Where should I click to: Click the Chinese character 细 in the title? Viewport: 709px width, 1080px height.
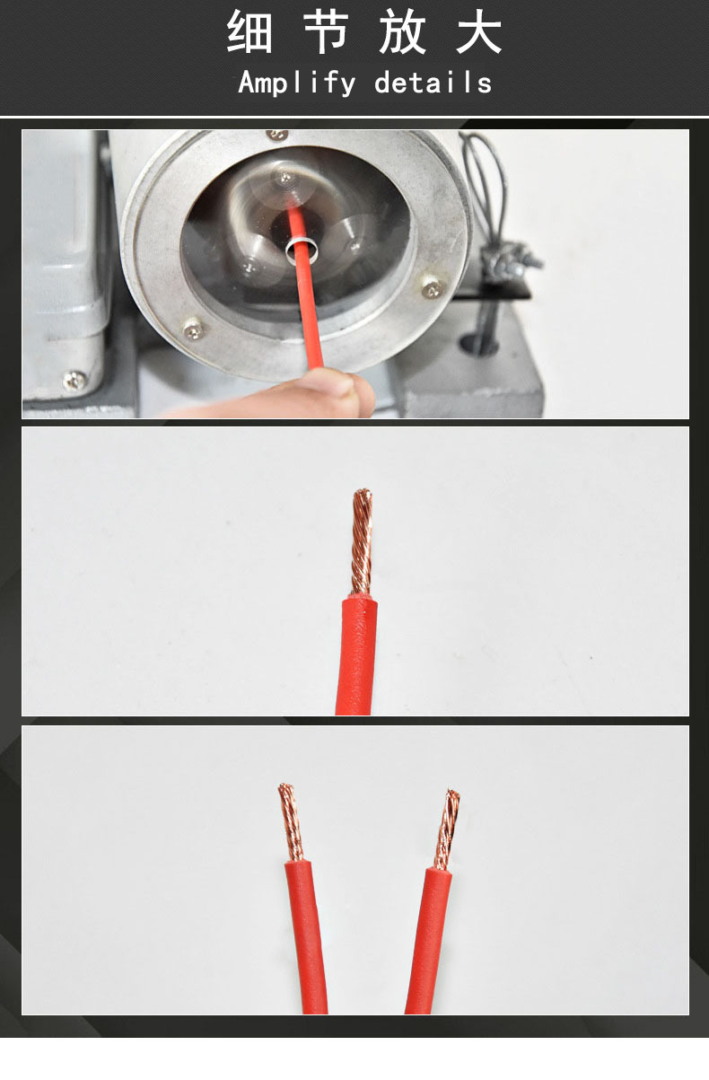pyautogui.click(x=249, y=31)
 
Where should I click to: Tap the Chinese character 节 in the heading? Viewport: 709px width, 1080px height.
pyautogui.click(x=327, y=31)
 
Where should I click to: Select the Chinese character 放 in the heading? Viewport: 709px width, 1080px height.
pyautogui.click(x=402, y=31)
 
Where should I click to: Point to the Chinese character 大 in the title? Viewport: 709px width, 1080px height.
pyautogui.click(x=478, y=31)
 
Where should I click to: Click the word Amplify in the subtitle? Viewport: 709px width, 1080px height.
pyautogui.click(x=297, y=83)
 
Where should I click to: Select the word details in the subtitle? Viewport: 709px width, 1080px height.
pyautogui.click(x=433, y=82)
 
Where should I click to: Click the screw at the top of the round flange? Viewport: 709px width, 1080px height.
pyautogui.click(x=277, y=135)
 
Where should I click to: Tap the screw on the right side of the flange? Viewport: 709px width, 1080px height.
pyautogui.click(x=432, y=288)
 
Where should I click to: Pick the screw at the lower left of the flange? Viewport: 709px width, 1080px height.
pyautogui.click(x=193, y=329)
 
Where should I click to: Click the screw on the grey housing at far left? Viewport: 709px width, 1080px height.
pyautogui.click(x=74, y=381)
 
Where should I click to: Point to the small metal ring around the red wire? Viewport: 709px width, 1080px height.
pyautogui.click(x=302, y=250)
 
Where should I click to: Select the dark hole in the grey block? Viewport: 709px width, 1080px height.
pyautogui.click(x=477, y=343)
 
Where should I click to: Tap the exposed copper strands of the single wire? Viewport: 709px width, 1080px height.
pyautogui.click(x=362, y=542)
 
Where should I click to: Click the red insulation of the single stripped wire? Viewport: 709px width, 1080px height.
pyautogui.click(x=356, y=655)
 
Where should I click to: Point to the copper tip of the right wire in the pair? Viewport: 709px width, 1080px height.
pyautogui.click(x=447, y=829)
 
